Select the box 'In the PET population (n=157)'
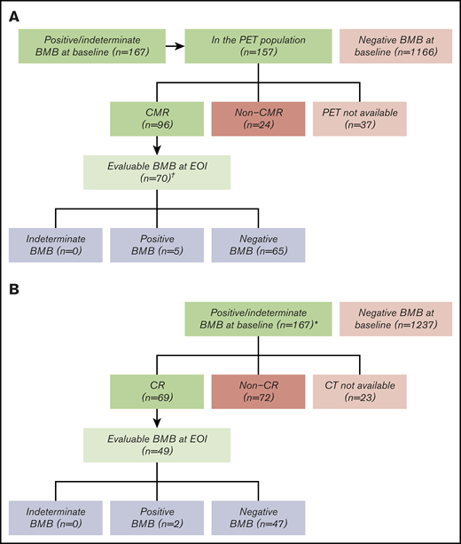click(x=258, y=46)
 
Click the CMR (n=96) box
click(x=158, y=118)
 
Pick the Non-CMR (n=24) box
click(x=258, y=118)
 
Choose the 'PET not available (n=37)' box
click(x=359, y=118)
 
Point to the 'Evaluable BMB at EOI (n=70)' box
click(x=158, y=170)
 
